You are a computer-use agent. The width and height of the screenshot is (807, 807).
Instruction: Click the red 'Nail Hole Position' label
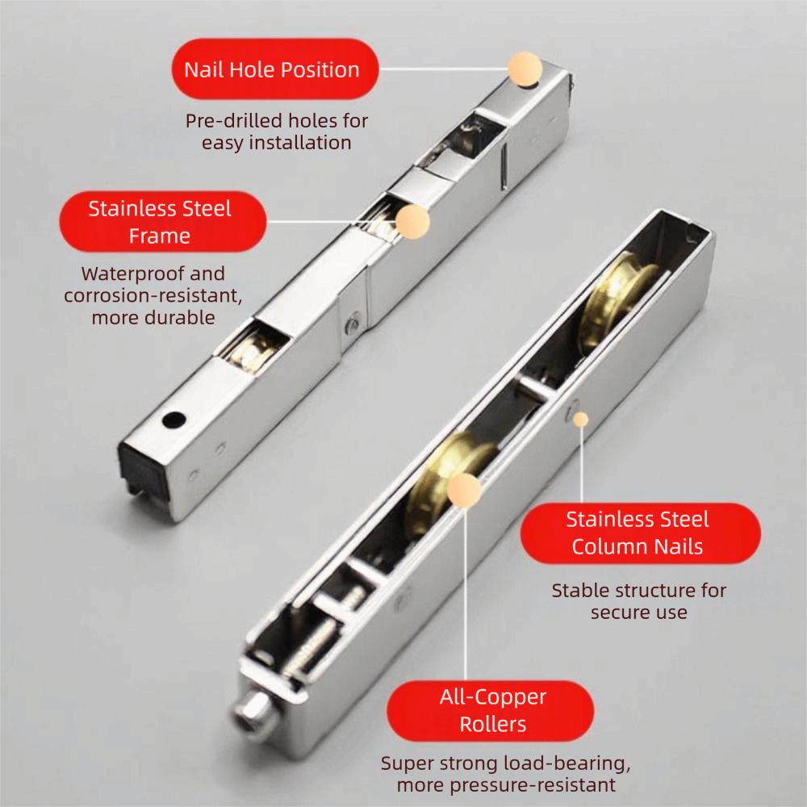pyautogui.click(x=271, y=69)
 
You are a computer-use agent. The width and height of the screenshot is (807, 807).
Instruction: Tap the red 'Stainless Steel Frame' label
pyautogui.click(x=159, y=222)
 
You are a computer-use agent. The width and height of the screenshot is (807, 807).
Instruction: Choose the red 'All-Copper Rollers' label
pyautogui.click(x=492, y=710)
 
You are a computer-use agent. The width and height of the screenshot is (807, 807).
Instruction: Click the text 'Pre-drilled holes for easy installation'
pyautogui.click(x=276, y=132)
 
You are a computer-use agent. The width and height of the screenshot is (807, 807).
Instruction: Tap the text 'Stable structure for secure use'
pyautogui.click(x=638, y=600)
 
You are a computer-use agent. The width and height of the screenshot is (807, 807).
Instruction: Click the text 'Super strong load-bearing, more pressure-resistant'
pyautogui.click(x=505, y=773)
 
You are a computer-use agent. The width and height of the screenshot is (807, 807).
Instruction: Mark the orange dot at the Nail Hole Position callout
pyautogui.click(x=524, y=69)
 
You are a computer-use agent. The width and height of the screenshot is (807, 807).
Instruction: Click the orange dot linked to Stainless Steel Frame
pyautogui.click(x=412, y=220)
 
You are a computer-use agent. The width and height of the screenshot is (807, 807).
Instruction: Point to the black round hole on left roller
pyautogui.click(x=172, y=420)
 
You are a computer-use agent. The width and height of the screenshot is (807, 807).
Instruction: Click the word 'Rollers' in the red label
pyautogui.click(x=492, y=724)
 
